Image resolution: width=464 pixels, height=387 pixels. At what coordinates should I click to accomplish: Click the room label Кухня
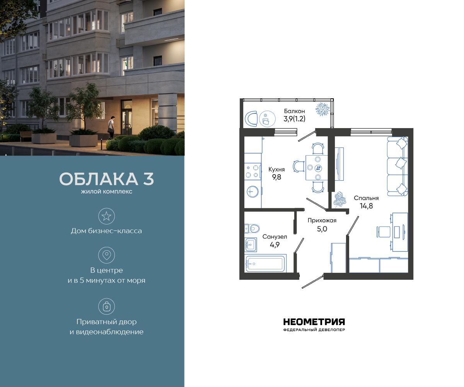pyautogui.click(x=276, y=170)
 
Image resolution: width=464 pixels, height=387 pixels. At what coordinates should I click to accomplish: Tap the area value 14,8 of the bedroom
pyautogui.click(x=366, y=206)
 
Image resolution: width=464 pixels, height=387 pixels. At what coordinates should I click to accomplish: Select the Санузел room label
pyautogui.click(x=275, y=236)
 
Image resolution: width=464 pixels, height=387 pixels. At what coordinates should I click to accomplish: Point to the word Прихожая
pyautogui.click(x=322, y=221)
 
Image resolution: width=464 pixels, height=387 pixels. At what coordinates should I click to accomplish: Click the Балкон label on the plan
pyautogui.click(x=294, y=111)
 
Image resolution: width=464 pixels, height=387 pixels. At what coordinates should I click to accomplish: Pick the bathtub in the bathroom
pyautogui.click(x=265, y=264)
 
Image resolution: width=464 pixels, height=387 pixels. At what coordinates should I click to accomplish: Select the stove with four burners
pyautogui.click(x=252, y=171)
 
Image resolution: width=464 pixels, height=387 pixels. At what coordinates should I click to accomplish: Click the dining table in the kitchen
pyautogui.click(x=317, y=168)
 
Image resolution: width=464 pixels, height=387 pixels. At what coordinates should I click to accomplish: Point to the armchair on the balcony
pyautogui.click(x=252, y=118)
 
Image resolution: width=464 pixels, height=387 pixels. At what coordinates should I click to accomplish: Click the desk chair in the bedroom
pyautogui.click(x=383, y=231)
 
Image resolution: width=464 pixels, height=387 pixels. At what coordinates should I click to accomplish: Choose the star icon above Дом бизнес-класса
pyautogui.click(x=106, y=216)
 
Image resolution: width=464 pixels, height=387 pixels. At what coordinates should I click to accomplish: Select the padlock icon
pyautogui.click(x=106, y=307)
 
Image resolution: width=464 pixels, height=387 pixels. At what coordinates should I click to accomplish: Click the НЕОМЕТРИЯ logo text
pyautogui.click(x=314, y=322)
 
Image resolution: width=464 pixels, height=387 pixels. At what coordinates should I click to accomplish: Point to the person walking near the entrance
pyautogui.click(x=111, y=126)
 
